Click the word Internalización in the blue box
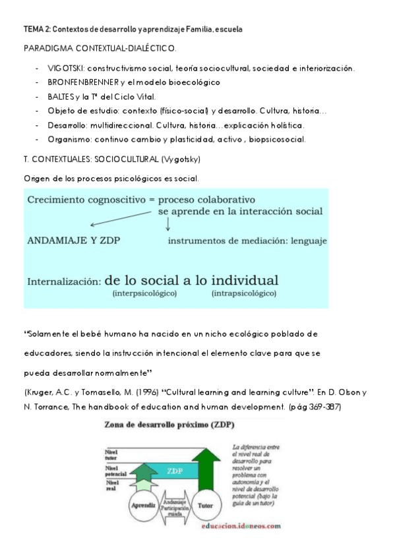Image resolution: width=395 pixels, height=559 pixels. coord(64,281)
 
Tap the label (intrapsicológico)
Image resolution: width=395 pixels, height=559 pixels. coord(243,293)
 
